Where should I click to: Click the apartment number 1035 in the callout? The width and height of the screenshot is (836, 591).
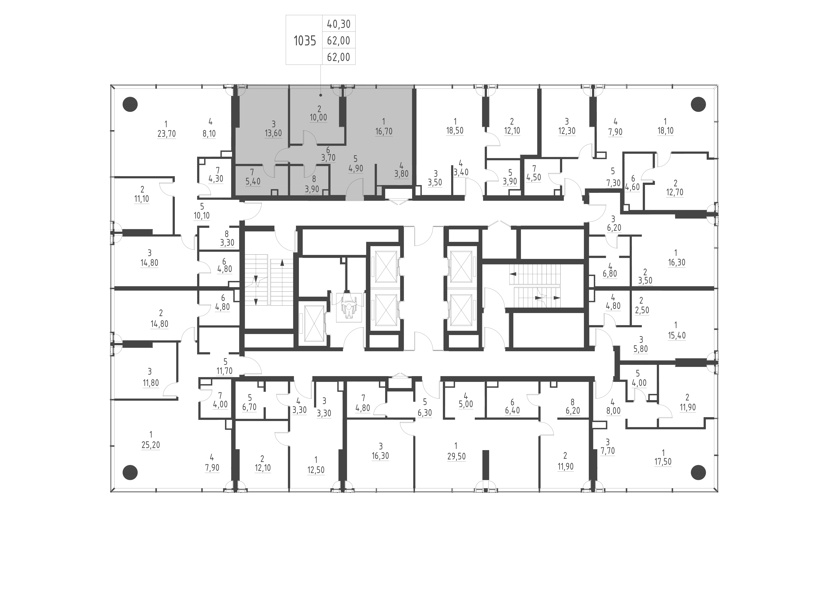[305, 41]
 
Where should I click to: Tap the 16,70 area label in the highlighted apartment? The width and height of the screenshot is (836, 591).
[384, 131]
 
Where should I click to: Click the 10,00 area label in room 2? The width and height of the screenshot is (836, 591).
[318, 118]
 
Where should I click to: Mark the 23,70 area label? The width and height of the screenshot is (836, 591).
[166, 134]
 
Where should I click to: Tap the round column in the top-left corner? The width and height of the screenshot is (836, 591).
[130, 104]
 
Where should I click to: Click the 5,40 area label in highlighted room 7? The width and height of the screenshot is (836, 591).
[253, 181]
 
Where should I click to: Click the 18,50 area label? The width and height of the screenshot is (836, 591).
[455, 131]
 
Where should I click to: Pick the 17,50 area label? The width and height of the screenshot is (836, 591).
[663, 462]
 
